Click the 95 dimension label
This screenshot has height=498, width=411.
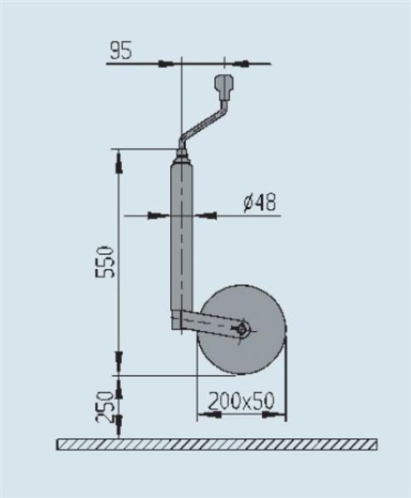coord(120,51)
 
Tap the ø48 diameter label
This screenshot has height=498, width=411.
coord(260,203)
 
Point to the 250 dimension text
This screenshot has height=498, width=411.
coord(105,407)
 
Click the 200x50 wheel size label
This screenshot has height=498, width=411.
coord(241,402)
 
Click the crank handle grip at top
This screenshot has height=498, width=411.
coord(224,85)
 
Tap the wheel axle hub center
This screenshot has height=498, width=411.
coord(242,329)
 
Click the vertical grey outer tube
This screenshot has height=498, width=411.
coord(182,241)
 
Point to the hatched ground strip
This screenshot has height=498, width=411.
coord(216,444)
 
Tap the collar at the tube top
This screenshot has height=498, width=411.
coord(182,155)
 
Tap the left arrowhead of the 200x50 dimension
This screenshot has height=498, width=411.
coord(204,413)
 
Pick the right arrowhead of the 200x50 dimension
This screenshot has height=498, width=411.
coord(277,413)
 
